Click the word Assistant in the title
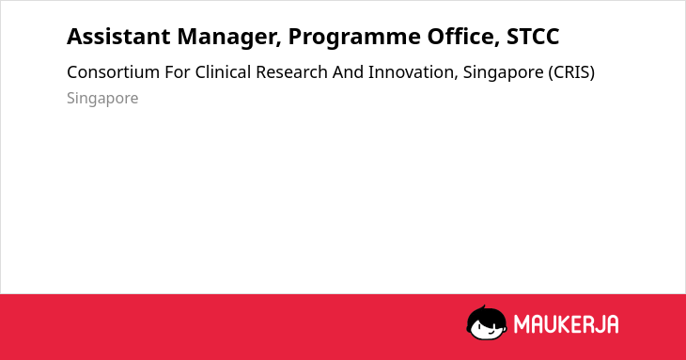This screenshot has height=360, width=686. click(118, 37)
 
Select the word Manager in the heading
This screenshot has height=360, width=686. click(229, 38)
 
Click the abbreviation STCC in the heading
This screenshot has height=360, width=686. click(533, 37)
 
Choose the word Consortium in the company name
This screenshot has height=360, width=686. click(113, 72)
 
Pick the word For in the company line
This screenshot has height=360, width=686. click(178, 72)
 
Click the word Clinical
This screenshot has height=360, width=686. click(223, 72)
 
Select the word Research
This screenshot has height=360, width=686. click(291, 72)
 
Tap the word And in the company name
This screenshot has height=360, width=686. click(348, 72)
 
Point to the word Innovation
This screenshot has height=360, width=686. click(413, 73)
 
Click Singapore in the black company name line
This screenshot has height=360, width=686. click(503, 73)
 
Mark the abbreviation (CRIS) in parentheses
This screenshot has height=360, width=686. click(571, 72)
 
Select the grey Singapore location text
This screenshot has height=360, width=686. click(102, 99)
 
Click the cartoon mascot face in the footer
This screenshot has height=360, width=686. click(487, 322)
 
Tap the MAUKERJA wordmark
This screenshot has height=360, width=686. click(566, 324)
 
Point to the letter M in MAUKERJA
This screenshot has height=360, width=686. click(522, 324)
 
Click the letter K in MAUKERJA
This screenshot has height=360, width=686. click(559, 324)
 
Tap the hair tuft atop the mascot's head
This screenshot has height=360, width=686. click(483, 307)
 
